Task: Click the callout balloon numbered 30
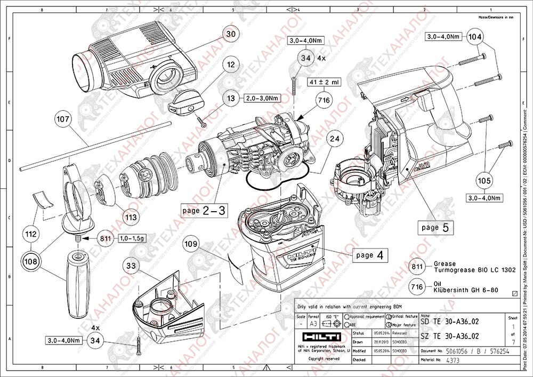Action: click(230, 34)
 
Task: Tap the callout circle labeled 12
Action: click(230, 65)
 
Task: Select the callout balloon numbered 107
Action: click(63, 119)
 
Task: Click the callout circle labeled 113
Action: click(131, 217)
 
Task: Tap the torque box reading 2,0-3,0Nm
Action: click(263, 98)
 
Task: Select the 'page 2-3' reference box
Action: click(204, 211)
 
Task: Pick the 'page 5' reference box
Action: click(436, 227)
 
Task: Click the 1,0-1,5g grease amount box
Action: click(132, 238)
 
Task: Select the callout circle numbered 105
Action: click(484, 181)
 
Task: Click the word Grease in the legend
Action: click(444, 263)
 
